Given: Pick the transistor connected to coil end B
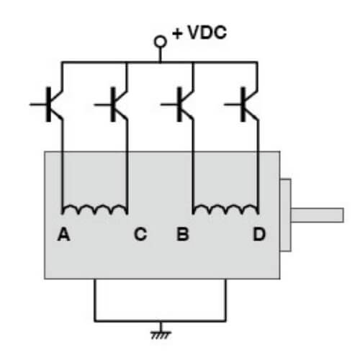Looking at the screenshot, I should click(183, 105).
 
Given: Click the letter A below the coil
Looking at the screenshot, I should click(63, 234).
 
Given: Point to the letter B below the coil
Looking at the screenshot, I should click(182, 234).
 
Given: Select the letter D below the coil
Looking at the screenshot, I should click(258, 234).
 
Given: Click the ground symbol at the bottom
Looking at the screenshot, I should click(159, 333).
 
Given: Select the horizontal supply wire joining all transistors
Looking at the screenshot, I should click(159, 63).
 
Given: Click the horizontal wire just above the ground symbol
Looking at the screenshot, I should click(159, 321).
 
